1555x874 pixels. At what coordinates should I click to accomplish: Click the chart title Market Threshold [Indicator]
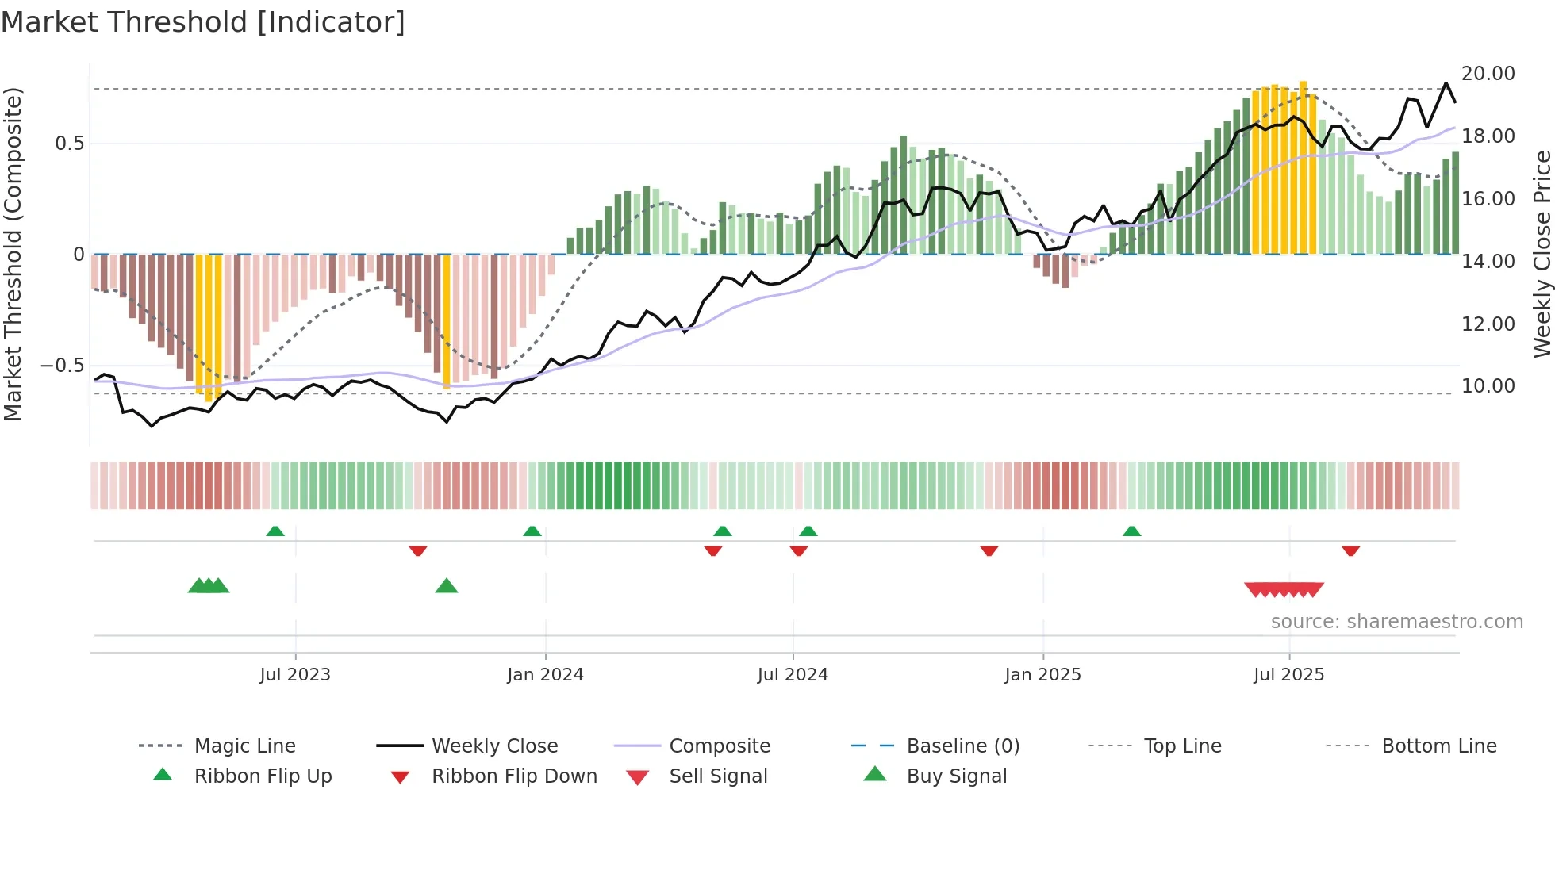point(203,22)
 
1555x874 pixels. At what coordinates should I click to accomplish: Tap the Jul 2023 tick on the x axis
point(295,675)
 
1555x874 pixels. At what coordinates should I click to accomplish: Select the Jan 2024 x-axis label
point(545,675)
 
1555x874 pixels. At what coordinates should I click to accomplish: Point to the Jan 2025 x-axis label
point(1042,675)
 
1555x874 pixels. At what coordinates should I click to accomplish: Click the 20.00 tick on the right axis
point(1488,74)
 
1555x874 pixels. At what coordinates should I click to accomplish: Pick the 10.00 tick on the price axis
point(1488,386)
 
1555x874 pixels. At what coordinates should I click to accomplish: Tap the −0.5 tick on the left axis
point(62,366)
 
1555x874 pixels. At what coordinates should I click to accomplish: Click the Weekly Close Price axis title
point(1542,254)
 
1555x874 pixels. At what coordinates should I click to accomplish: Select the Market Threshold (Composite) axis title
point(13,254)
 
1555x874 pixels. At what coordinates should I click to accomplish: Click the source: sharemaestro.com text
point(1396,622)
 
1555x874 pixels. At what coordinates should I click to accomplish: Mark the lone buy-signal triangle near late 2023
point(447,587)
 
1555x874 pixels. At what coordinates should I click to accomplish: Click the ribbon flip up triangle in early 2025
point(1132,531)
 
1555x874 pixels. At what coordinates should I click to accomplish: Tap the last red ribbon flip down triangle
point(1350,550)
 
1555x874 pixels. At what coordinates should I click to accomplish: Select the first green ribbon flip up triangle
point(275,531)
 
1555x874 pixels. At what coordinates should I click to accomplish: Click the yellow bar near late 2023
point(447,321)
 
